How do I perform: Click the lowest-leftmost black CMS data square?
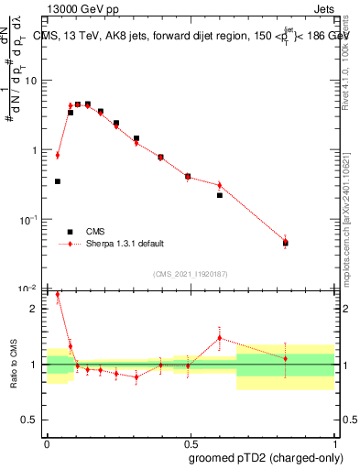click(x=58, y=181)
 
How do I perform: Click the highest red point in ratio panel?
click(x=58, y=295)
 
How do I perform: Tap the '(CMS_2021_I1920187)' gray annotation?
click(x=190, y=272)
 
